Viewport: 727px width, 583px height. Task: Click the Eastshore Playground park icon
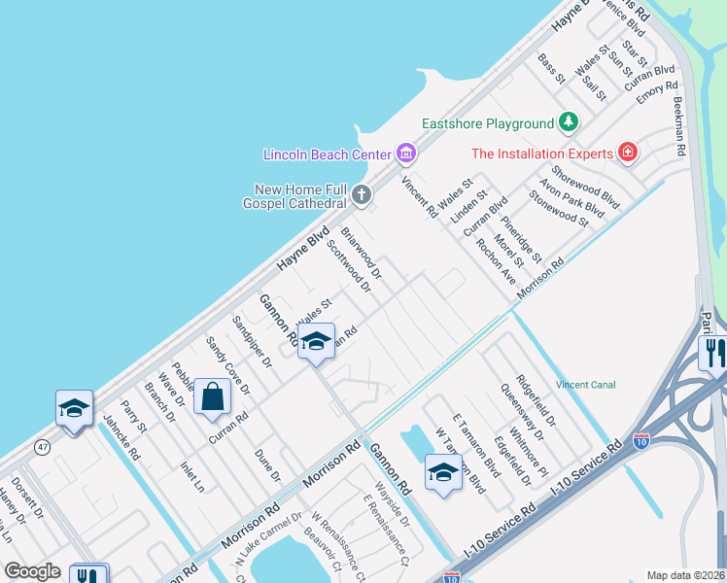tap(569, 123)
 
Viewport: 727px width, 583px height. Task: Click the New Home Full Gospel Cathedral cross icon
tap(362, 195)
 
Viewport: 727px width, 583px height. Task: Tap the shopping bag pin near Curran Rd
tap(212, 397)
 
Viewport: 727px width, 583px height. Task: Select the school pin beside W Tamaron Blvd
tap(442, 473)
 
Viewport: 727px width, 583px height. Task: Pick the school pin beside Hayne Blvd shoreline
tap(74, 408)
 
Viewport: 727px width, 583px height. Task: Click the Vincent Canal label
tap(586, 385)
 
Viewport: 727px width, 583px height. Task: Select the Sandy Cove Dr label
tap(228, 365)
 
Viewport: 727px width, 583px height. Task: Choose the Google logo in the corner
tap(33, 571)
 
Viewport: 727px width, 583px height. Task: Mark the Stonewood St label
tap(560, 208)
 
